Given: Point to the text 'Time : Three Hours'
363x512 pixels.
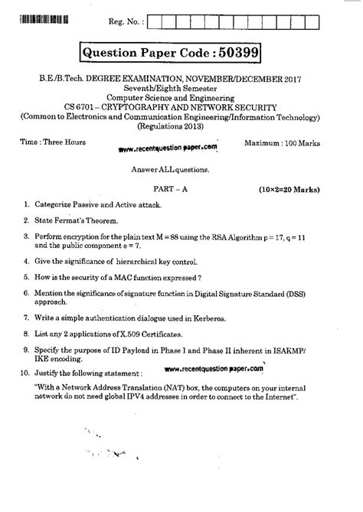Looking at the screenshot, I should point(53,143).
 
